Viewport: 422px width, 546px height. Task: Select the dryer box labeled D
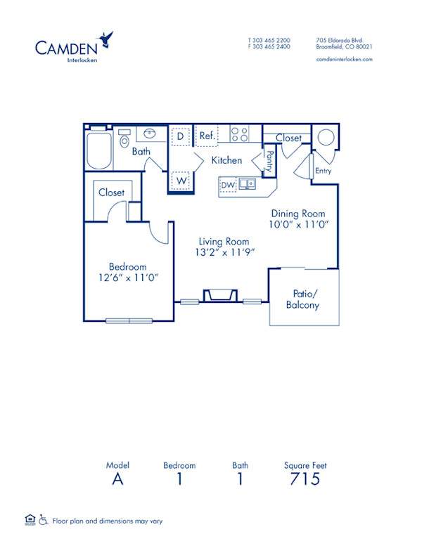tap(181, 136)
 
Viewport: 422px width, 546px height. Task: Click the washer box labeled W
tap(181, 181)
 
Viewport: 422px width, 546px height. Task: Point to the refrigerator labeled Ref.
tap(207, 136)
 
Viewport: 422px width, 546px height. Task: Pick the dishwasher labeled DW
tap(227, 185)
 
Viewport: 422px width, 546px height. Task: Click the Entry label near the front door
tap(323, 171)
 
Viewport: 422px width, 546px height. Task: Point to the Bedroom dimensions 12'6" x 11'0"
tap(128, 278)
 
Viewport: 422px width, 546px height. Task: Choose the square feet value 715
tap(305, 480)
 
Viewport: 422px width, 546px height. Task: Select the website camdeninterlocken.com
tap(345, 60)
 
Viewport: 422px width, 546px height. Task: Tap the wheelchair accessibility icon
tap(43, 521)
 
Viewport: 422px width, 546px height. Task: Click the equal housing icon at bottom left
tap(30, 520)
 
